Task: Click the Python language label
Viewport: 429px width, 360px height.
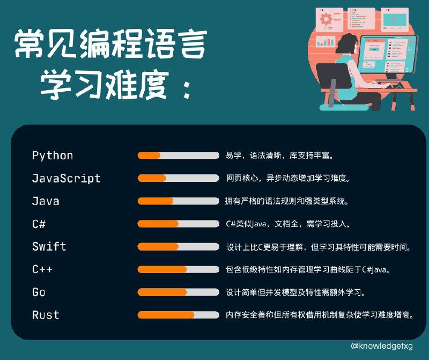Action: (53, 156)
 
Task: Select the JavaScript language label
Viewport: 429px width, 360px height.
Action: (66, 178)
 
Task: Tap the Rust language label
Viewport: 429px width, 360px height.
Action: (46, 315)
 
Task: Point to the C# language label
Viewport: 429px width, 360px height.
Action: (39, 224)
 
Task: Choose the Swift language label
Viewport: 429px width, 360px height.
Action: (49, 246)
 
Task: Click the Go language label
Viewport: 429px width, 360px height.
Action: (39, 292)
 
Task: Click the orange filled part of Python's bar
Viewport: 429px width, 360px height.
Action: (149, 156)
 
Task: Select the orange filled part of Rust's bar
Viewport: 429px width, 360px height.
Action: (166, 315)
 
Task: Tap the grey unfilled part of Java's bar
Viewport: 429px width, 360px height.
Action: (196, 201)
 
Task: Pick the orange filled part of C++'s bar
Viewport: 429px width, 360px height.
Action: (162, 269)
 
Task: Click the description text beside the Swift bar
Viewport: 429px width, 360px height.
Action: (319, 247)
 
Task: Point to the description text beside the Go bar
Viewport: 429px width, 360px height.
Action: (296, 292)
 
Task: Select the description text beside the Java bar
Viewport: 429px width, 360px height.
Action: (287, 202)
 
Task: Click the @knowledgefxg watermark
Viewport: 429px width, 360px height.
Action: (382, 346)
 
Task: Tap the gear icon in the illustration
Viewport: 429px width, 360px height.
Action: (326, 20)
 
